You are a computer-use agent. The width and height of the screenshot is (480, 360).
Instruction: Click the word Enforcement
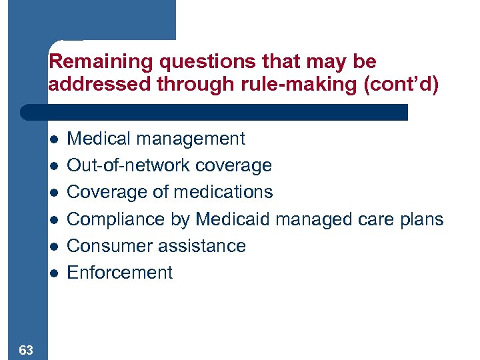tap(120, 273)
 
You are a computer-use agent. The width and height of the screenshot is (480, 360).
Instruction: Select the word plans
tap(421, 219)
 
